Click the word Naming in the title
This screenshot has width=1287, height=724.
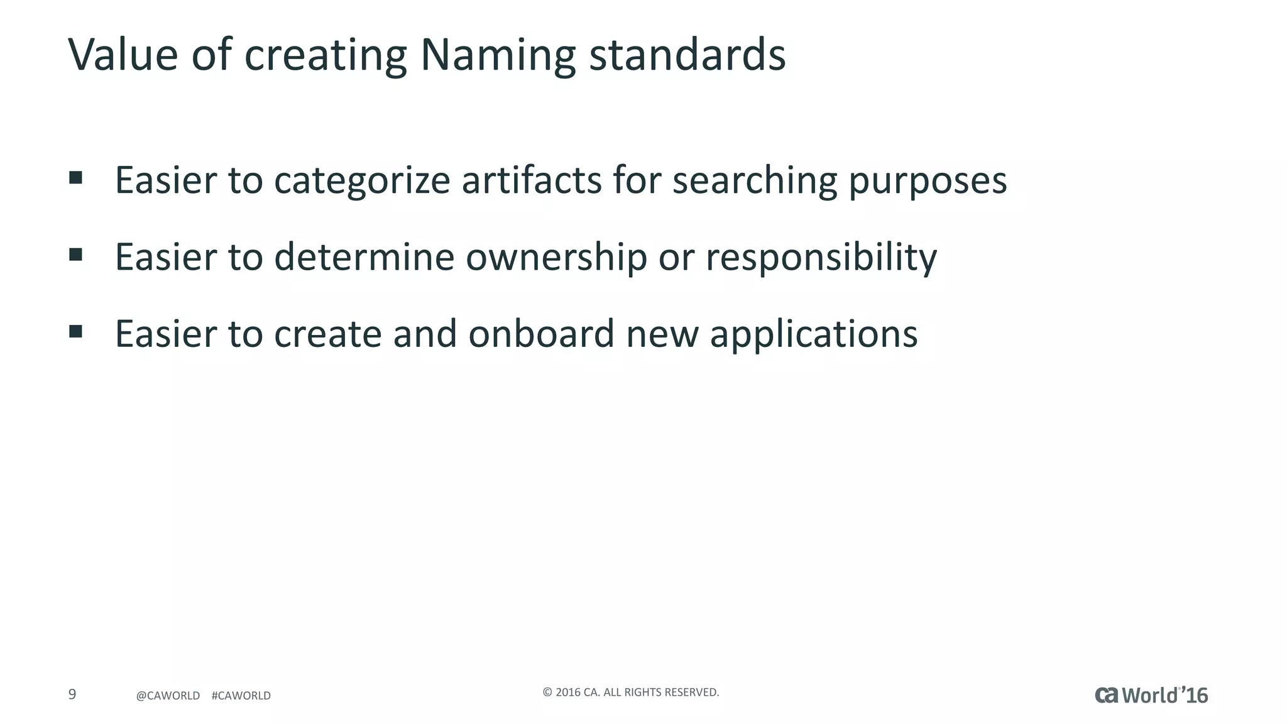pyautogui.click(x=497, y=55)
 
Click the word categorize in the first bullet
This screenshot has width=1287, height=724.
pyautogui.click(x=362, y=181)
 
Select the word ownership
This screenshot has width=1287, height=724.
pyautogui.click(x=556, y=258)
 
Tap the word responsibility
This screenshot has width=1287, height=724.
pyautogui.click(x=821, y=258)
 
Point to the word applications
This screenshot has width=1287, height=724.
pyautogui.click(x=814, y=335)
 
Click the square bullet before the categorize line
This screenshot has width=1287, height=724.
pyautogui.click(x=76, y=178)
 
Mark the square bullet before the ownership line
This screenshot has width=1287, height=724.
pyautogui.click(x=76, y=255)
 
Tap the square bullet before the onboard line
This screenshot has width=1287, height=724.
pyautogui.click(x=76, y=331)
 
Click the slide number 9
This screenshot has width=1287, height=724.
pyautogui.click(x=72, y=694)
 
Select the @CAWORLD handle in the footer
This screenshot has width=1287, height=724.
pyautogui.click(x=168, y=696)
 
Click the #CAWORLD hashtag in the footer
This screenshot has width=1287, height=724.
pyautogui.click(x=241, y=696)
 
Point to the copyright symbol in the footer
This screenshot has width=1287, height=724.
pyautogui.click(x=547, y=693)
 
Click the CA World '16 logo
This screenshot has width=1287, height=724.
pyautogui.click(x=1151, y=695)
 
